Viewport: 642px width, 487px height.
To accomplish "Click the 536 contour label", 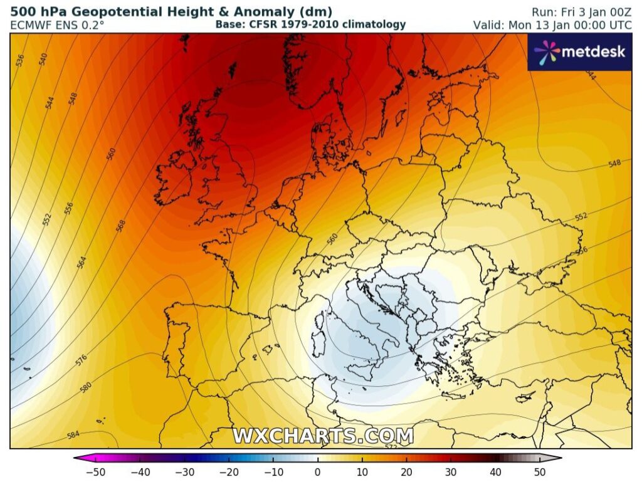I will pyautogui.click(x=20, y=60).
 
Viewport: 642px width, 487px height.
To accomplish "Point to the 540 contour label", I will pyautogui.click(x=43, y=60).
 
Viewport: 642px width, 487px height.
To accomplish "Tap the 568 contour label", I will pyautogui.click(x=120, y=226).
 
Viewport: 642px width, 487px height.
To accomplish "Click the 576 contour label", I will pyautogui.click(x=82, y=360).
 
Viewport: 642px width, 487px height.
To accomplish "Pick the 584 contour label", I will pyautogui.click(x=73, y=434).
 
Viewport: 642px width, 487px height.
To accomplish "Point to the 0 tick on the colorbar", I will pyautogui.click(x=317, y=472).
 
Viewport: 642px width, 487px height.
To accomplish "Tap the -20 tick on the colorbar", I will pyautogui.click(x=229, y=472).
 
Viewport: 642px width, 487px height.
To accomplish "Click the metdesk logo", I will pyautogui.click(x=579, y=51).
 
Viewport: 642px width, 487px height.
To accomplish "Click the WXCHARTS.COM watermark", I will pyautogui.click(x=323, y=436).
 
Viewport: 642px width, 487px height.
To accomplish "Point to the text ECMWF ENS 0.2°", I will pyautogui.click(x=57, y=25).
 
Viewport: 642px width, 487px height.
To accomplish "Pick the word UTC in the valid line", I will pyautogui.click(x=619, y=25).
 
